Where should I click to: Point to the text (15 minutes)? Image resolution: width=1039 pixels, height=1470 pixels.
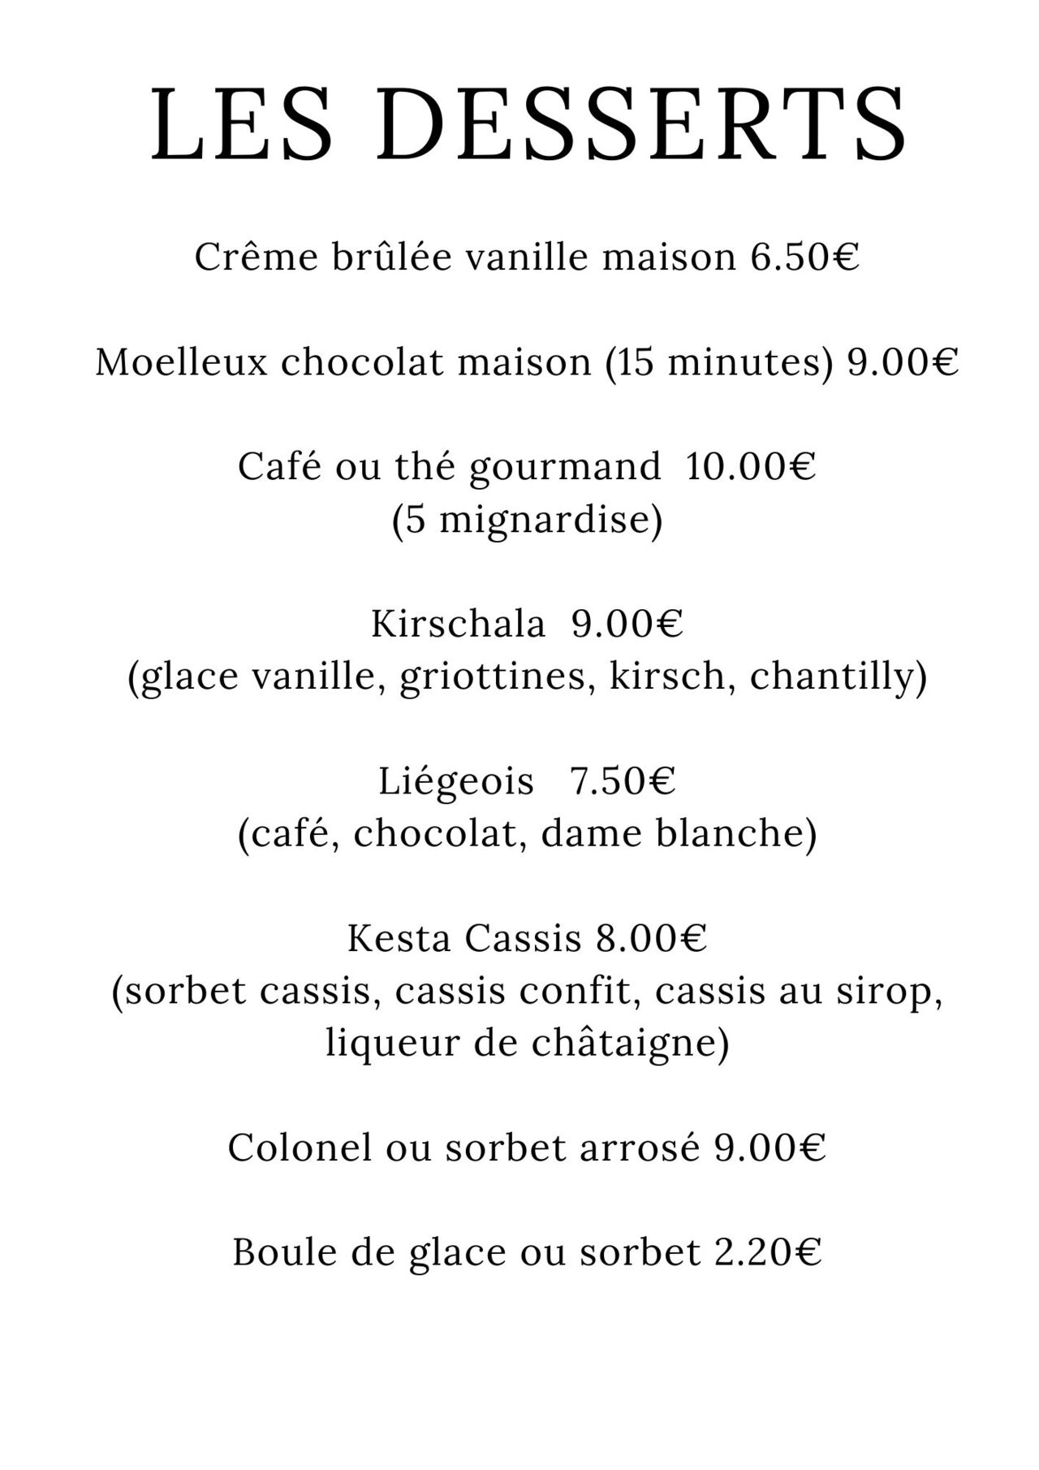coord(719,362)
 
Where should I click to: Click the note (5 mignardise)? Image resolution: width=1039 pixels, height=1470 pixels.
coord(527,520)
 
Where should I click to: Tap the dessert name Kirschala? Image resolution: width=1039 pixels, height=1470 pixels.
coord(458,624)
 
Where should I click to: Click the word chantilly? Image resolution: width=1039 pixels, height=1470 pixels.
coord(837,677)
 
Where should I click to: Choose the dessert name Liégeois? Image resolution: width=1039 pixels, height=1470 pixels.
coord(456,781)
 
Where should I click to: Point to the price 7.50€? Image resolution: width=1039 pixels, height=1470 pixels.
coord(623,781)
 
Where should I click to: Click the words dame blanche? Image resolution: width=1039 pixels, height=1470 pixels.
coord(678,834)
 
